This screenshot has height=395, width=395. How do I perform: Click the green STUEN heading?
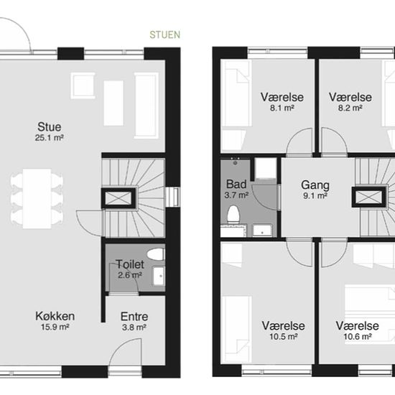pyautogui.click(x=165, y=34)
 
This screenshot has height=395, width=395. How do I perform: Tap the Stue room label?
pyautogui.click(x=50, y=126)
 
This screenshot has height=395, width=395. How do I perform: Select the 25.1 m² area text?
pyautogui.click(x=50, y=138)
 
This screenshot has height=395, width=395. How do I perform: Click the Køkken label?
pyautogui.click(x=55, y=316)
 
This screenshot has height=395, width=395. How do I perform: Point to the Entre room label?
pyautogui.click(x=134, y=317)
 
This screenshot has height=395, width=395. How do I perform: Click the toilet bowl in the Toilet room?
pyautogui.click(x=155, y=254)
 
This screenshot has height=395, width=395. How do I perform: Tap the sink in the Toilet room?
pyautogui.click(x=159, y=276)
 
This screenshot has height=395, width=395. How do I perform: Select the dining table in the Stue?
pyautogui.click(x=37, y=199)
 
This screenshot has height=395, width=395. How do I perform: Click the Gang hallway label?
pyautogui.click(x=315, y=185)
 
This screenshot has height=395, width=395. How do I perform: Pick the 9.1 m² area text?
pyautogui.click(x=315, y=196)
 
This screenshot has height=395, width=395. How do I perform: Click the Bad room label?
pyautogui.click(x=236, y=184)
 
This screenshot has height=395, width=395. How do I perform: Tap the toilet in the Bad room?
pyautogui.click(x=233, y=215)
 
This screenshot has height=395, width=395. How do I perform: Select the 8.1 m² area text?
pyautogui.click(x=282, y=108)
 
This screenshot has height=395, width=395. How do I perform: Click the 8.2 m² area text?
pyautogui.click(x=350, y=108)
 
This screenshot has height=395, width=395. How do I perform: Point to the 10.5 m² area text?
pyautogui.click(x=284, y=337)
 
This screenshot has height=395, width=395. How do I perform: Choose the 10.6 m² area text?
pyautogui.click(x=358, y=337)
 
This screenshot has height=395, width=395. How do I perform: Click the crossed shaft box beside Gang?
pyautogui.click(x=369, y=197)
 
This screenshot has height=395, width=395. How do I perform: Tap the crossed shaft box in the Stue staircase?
pyautogui.click(x=118, y=198)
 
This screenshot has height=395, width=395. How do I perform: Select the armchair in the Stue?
pyautogui.click(x=83, y=85)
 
